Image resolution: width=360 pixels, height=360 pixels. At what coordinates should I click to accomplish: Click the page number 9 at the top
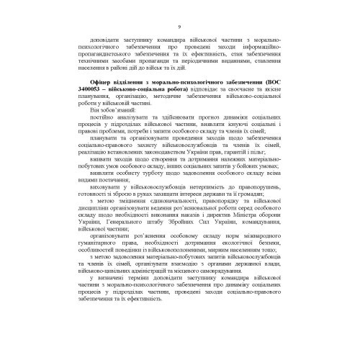tap(180, 27)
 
